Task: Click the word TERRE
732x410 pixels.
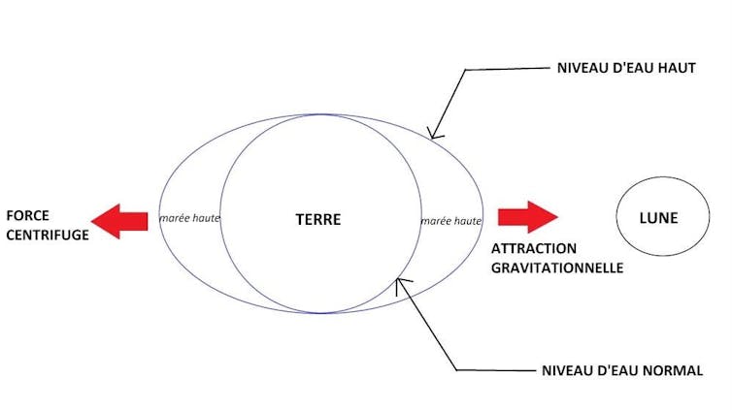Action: point(318,219)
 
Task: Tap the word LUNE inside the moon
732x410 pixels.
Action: point(659,218)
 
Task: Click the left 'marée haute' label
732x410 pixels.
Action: point(190,218)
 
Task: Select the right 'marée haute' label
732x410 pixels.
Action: point(451,221)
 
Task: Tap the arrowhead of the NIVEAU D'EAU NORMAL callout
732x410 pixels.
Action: point(400,282)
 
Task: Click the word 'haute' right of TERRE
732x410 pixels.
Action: point(466,221)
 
